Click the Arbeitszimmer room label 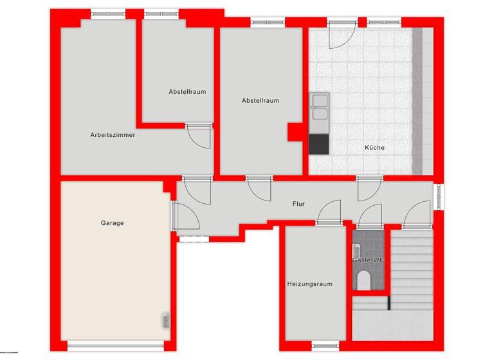tap(113, 135)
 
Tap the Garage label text tap(112, 223)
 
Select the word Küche tap(374, 148)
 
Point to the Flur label tap(298, 204)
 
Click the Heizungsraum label tap(310, 283)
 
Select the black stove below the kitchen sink tap(319, 144)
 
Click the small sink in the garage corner tap(166, 319)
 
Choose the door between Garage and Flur tap(186, 215)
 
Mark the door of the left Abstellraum tap(199, 136)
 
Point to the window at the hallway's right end tap(437, 197)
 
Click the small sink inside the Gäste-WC tap(356, 249)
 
